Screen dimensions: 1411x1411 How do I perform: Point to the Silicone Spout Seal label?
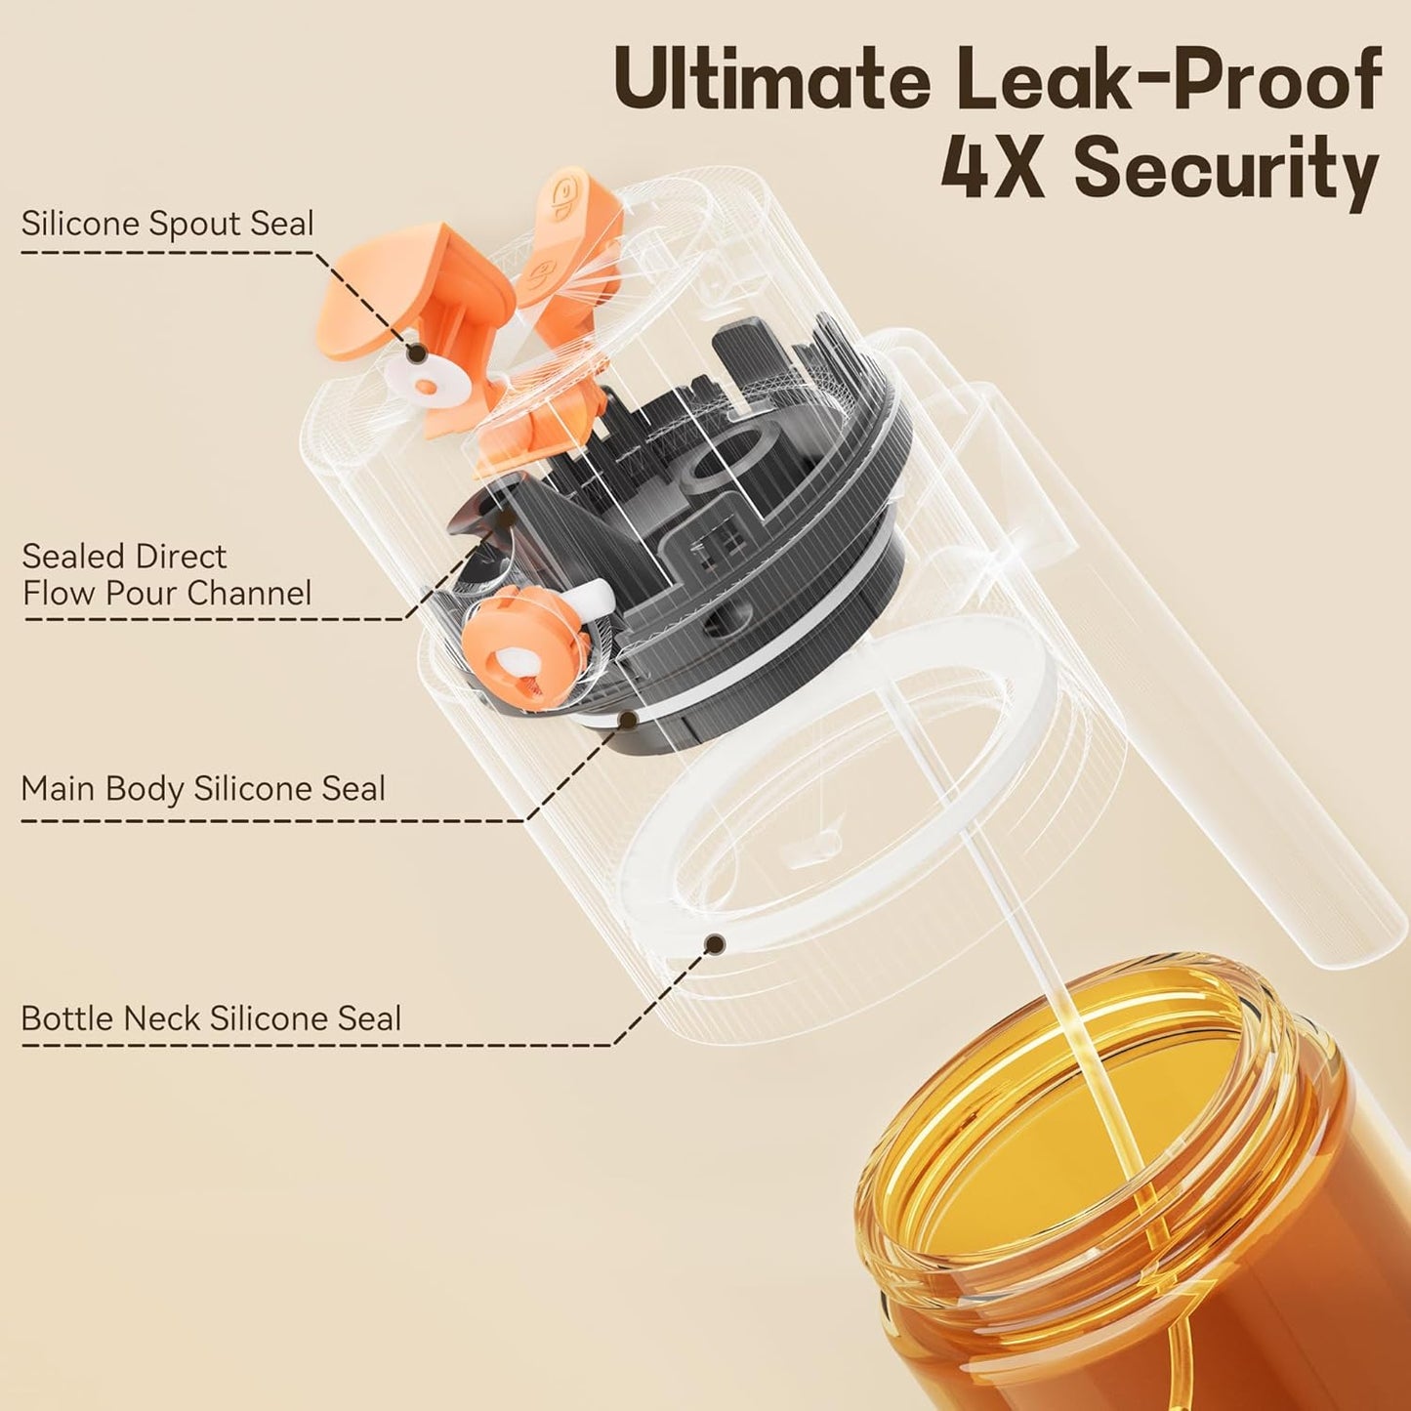click(167, 224)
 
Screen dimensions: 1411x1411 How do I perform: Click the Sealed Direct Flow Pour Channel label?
click(167, 574)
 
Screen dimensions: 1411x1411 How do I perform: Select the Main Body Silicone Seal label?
click(203, 788)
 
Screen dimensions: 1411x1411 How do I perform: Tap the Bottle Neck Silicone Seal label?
click(211, 1018)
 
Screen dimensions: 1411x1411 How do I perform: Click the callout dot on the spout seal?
click(415, 353)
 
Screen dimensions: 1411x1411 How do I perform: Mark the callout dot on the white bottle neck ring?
click(715, 943)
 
